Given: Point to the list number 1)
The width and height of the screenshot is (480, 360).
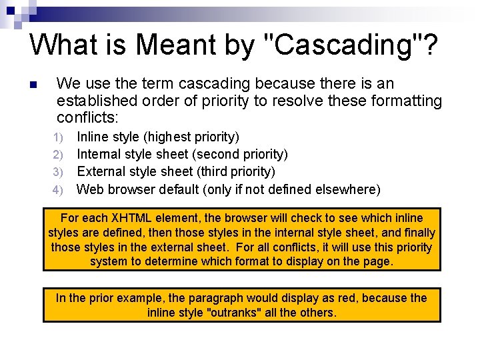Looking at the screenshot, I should [58, 137].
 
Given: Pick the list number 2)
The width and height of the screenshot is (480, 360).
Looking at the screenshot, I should [58, 155].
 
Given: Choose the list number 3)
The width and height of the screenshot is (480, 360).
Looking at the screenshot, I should [58, 172].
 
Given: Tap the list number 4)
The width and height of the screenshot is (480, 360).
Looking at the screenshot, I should [58, 190].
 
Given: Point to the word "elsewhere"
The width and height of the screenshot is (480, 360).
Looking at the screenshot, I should [345, 189].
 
